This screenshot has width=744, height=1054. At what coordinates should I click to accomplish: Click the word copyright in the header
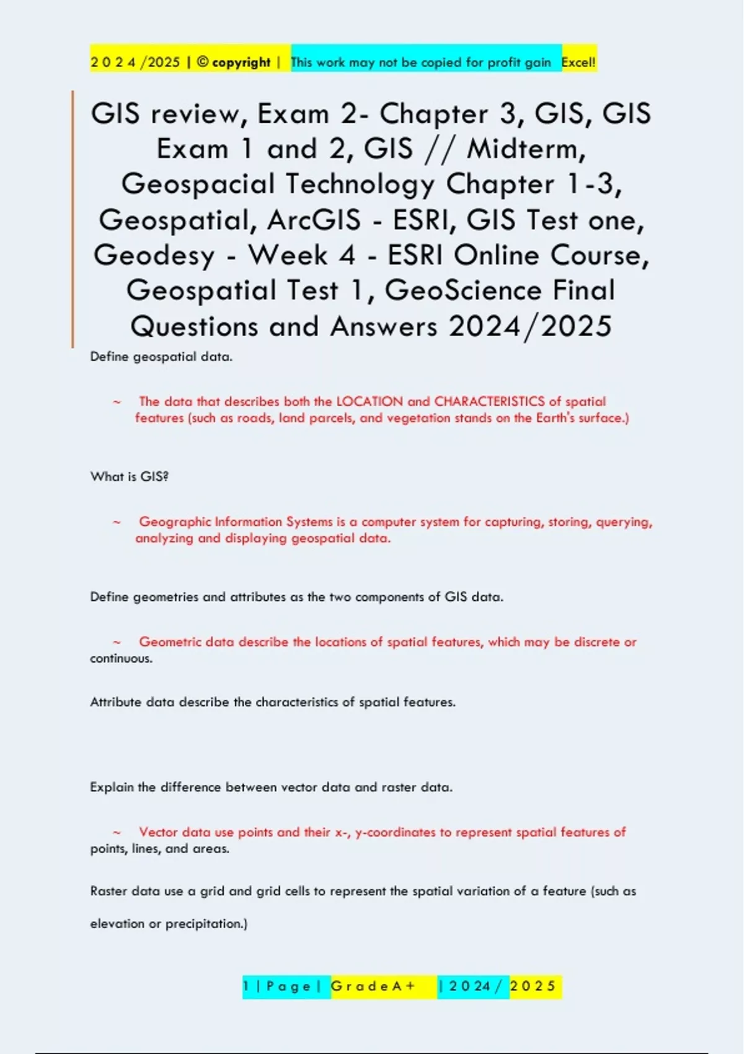241,62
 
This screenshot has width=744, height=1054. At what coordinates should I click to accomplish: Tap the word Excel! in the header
578,62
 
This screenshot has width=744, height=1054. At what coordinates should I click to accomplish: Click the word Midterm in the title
525,149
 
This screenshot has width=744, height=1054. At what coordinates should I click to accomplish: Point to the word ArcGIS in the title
314,220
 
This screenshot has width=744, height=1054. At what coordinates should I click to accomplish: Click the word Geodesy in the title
154,255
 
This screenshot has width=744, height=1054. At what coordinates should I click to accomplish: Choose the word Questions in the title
194,326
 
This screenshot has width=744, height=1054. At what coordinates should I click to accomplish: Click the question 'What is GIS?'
130,477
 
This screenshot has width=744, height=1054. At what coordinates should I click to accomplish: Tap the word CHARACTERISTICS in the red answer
489,402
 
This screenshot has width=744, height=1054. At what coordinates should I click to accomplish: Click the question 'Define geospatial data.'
161,356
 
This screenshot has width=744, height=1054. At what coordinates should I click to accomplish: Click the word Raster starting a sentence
108,891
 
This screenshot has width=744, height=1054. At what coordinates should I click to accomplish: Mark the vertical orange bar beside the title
73,218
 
